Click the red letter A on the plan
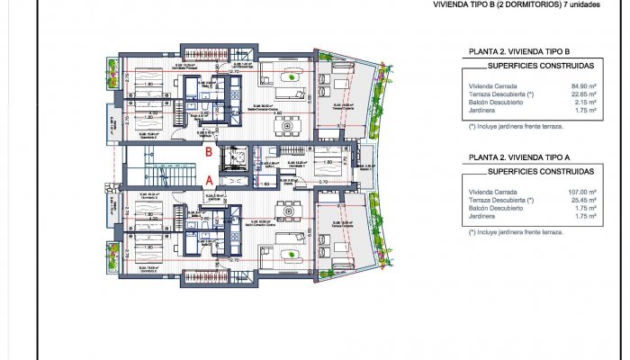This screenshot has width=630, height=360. [x=209, y=179]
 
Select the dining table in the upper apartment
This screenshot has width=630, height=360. [x=292, y=124]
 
